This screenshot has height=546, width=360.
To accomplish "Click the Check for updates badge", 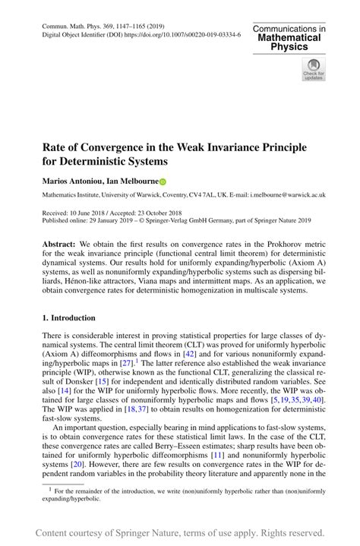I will (x=313, y=68).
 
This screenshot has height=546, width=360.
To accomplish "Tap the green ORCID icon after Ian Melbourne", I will (x=162, y=181).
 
